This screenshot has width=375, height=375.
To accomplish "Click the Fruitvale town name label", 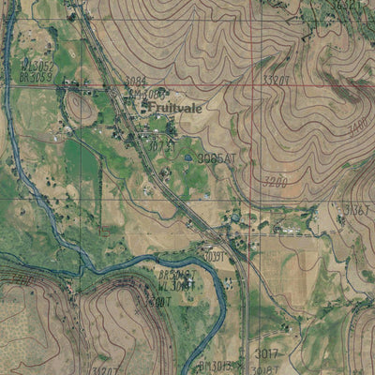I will (177, 108).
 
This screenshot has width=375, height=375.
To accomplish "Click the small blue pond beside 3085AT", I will (188, 158).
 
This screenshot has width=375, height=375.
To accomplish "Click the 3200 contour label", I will (275, 181).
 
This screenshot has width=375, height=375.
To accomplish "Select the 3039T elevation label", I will (215, 254).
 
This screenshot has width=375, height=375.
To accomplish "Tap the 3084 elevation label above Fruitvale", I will (136, 82).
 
